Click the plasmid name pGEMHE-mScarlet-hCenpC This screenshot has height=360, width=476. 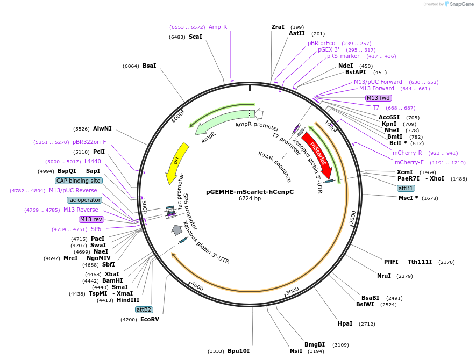pyautogui.click(x=250, y=191)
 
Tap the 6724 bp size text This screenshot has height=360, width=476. pyautogui.click(x=250, y=198)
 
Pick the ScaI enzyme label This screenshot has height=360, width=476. pyautogui.click(x=195, y=37)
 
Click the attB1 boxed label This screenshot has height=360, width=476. pyautogui.click(x=406, y=188)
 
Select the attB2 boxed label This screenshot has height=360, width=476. pyautogui.click(x=144, y=309)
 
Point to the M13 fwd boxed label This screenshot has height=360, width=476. pyautogui.click(x=378, y=98)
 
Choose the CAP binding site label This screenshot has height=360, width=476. pyautogui.click(x=79, y=181)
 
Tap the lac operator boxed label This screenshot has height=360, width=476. pyautogui.click(x=84, y=200)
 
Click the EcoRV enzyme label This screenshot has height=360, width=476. pyautogui.click(x=150, y=319)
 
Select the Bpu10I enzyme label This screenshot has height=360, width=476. pyautogui.click(x=238, y=351)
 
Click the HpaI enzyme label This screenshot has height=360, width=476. pyautogui.click(x=345, y=323)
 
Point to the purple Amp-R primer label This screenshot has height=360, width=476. pyautogui.click(x=218, y=27)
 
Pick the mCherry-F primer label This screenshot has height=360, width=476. pyautogui.click(x=409, y=162)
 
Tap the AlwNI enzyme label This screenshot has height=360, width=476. pyautogui.click(x=102, y=129)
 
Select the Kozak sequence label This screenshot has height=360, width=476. pyautogui.click(x=274, y=166)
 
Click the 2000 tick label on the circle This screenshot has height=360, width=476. pyautogui.click(x=353, y=217)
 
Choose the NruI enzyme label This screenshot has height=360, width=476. pyautogui.click(x=384, y=276)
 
